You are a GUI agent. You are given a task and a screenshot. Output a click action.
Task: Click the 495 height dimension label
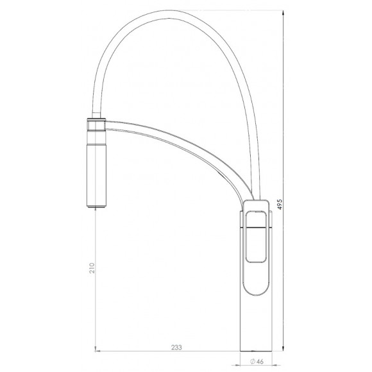tap(280, 204)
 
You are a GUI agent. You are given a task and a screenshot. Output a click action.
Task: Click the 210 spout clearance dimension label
tap(92, 268)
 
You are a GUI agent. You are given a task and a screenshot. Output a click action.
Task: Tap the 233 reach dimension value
tap(176, 348)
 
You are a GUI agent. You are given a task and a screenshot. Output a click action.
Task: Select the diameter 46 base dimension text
tap(257, 362)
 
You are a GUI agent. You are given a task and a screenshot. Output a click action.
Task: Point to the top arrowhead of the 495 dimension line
tap(283, 13)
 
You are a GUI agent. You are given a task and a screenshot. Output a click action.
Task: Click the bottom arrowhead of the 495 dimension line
tap(283, 348)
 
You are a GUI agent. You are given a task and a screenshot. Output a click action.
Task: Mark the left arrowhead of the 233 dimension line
tap(97, 351)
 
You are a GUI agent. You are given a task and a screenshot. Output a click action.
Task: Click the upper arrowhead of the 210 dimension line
tap(96, 209)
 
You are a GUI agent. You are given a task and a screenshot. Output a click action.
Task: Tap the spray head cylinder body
tap(96, 175)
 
